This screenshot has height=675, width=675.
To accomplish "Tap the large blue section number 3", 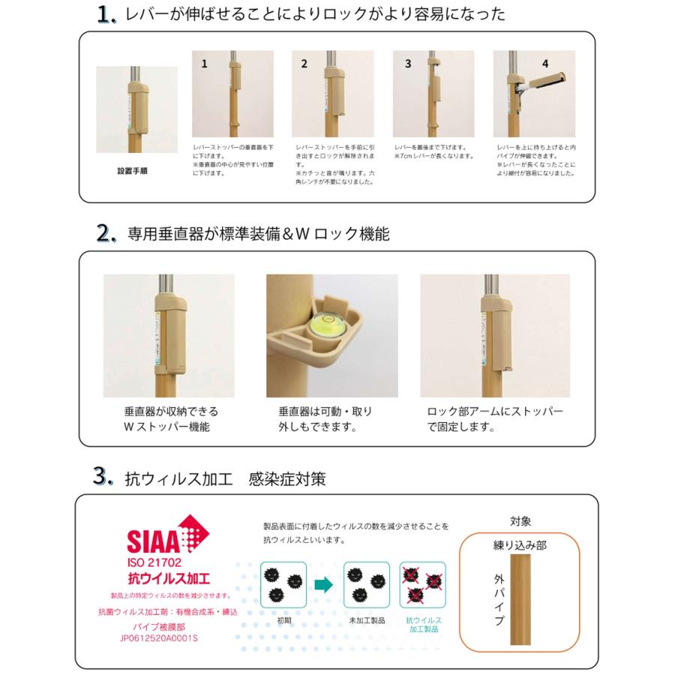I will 103,476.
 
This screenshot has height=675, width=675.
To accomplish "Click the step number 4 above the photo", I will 545,64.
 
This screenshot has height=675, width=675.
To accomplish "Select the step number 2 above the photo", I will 304,64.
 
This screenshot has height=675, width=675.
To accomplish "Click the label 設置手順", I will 132,171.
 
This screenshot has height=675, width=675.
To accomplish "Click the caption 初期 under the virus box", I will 284,621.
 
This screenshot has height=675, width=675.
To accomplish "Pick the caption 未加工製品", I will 365,621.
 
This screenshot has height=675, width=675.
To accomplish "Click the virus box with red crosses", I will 423,584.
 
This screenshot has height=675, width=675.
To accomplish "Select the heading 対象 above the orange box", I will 520,521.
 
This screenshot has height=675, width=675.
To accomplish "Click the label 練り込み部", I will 520,545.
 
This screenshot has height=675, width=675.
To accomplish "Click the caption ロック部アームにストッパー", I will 494,412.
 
